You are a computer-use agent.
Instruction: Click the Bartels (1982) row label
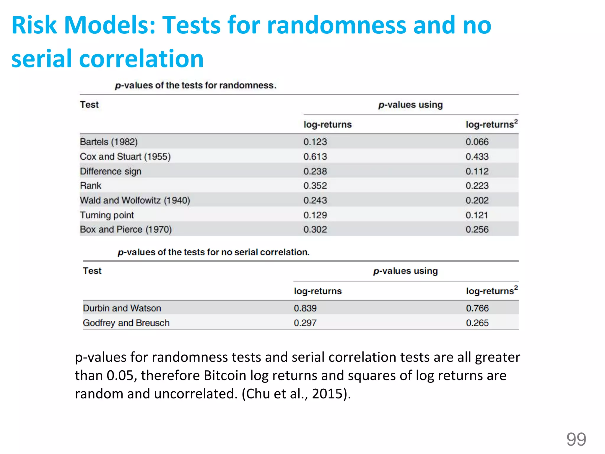point(109,142)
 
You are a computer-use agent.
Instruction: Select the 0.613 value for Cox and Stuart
point(315,157)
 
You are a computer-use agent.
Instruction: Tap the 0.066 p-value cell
point(477,142)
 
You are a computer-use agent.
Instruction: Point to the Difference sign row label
point(110,171)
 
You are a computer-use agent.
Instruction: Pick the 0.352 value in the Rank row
point(315,186)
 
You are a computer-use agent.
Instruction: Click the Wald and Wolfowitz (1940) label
point(135,200)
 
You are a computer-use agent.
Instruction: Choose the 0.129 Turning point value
point(315,215)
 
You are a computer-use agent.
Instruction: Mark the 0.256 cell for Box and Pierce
point(477,229)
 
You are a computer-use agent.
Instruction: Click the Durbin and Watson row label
point(122,308)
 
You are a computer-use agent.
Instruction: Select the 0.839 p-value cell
point(305,308)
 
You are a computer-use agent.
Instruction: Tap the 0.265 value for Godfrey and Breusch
point(477,323)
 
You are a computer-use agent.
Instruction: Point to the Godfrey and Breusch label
point(126,323)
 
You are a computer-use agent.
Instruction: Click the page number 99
point(576,439)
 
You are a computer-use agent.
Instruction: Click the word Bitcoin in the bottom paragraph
point(225,376)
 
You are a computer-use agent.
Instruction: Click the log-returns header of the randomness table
point(327,124)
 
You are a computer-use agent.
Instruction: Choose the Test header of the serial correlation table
point(92,271)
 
